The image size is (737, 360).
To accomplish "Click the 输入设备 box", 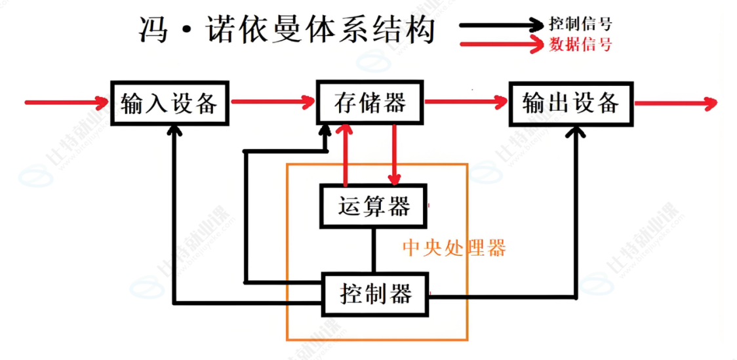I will [x=169, y=103].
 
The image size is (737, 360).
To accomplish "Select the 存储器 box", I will [x=370, y=103].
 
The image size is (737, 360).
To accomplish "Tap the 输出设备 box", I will [x=570, y=103].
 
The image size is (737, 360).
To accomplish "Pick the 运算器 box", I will [x=374, y=207].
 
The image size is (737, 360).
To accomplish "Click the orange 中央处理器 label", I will [x=454, y=248].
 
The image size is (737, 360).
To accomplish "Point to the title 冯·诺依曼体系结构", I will [x=287, y=30].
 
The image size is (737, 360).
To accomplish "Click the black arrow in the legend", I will [x=502, y=26].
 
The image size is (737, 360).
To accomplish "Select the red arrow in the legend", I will [x=502, y=45].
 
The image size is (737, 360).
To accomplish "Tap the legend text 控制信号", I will [x=580, y=25].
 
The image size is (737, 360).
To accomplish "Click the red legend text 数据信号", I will [x=580, y=45].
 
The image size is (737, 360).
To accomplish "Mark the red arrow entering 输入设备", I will [x=66, y=102].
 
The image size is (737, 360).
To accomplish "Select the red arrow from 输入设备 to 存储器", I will [x=273, y=102].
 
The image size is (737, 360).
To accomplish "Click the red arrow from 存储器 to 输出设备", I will [x=466, y=102].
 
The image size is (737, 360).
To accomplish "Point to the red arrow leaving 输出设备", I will [x=675, y=103].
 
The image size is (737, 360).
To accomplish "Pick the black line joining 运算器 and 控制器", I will [x=374, y=249].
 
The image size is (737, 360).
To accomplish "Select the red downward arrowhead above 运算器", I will [x=394, y=178].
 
